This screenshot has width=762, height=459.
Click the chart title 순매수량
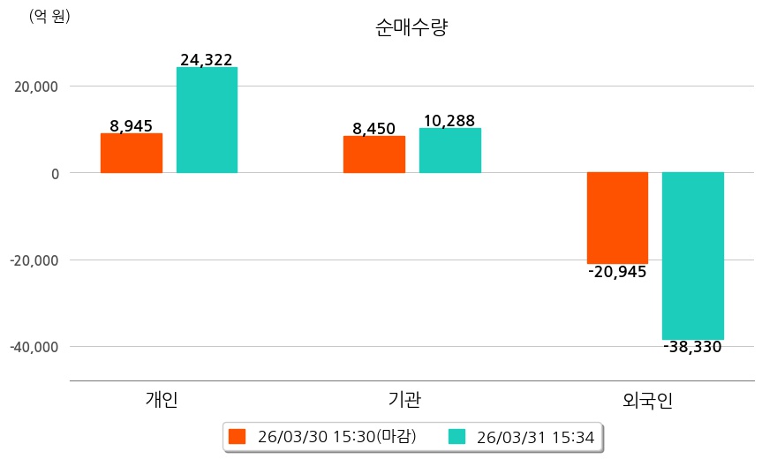tap(411, 27)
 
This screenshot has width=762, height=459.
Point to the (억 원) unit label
tap(49, 16)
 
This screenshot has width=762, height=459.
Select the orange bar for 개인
tap(131, 153)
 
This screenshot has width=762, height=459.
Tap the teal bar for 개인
tap(207, 120)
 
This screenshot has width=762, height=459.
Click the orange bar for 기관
tap(373, 154)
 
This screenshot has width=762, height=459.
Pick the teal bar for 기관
tap(449, 150)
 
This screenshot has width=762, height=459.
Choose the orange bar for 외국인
tap(617, 217)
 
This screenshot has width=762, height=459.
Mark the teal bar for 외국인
tap(693, 256)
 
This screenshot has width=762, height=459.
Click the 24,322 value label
tap(207, 60)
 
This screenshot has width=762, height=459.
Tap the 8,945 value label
tap(131, 126)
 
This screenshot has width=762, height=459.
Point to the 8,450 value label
tap(373, 129)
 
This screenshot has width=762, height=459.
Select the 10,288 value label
tap(449, 121)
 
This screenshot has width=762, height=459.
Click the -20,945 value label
tap(617, 272)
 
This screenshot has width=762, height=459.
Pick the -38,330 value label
tap(693, 348)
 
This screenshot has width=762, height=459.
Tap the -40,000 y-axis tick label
tap(34, 347)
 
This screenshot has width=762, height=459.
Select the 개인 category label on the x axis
tap(162, 399)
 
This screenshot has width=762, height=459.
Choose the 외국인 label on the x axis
tap(647, 399)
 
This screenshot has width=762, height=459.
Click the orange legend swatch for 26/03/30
tap(237, 436)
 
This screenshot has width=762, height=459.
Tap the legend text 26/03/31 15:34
tap(535, 436)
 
